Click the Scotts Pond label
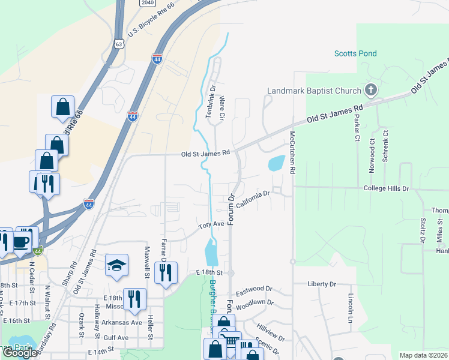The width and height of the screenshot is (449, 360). click(x=355, y=53)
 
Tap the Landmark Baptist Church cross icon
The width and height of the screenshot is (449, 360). click(x=371, y=91)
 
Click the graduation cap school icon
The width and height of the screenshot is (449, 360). click(x=116, y=266)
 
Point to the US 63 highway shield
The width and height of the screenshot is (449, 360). click(x=118, y=44)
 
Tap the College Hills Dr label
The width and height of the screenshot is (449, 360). click(x=386, y=188)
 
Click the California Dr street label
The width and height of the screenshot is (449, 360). click(x=254, y=200)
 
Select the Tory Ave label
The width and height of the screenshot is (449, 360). click(x=211, y=224)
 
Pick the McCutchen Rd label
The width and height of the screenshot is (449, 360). click(x=292, y=152)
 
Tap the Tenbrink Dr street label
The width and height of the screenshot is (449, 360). click(x=212, y=100)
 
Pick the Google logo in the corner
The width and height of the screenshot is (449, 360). click(x=20, y=353)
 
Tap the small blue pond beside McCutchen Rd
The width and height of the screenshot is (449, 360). click(x=277, y=163)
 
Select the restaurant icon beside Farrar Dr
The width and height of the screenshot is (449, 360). click(x=165, y=272)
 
